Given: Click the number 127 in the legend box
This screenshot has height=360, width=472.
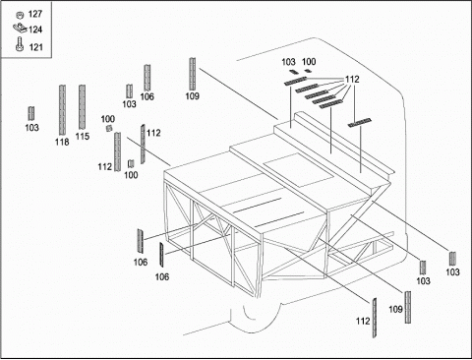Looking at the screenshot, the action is pyautogui.click(x=35, y=14).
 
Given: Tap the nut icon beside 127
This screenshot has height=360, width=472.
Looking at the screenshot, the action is pyautogui.click(x=20, y=15).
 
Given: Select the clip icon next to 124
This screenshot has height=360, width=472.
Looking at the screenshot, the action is pyautogui.click(x=20, y=29).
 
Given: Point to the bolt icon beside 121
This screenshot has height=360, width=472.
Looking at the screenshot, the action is pyautogui.click(x=20, y=44).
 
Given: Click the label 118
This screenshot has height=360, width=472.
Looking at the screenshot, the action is pyautogui.click(x=62, y=142).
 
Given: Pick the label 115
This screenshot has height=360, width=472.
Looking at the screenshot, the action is pyautogui.click(x=83, y=136).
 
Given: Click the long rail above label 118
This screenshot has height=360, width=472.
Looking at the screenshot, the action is pyautogui.click(x=62, y=110).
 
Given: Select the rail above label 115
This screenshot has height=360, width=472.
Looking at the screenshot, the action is pyautogui.click(x=82, y=107).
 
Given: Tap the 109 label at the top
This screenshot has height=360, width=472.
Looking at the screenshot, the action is pyautogui.click(x=193, y=96).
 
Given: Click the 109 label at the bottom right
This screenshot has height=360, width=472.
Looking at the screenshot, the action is pyautogui.click(x=395, y=309).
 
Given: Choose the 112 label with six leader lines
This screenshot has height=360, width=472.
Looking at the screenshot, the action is pyautogui.click(x=352, y=80).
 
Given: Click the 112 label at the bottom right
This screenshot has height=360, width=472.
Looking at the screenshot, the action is pyautogui.click(x=363, y=321).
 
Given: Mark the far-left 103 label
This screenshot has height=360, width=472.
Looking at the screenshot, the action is pyautogui.click(x=31, y=128).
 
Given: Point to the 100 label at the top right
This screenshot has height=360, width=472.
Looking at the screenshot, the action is pyautogui.click(x=309, y=62).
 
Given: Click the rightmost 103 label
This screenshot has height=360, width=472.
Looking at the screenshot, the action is pyautogui.click(x=452, y=271).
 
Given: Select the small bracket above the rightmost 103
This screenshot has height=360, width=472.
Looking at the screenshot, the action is pyautogui.click(x=452, y=259).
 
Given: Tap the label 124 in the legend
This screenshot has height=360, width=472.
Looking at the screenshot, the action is pyautogui.click(x=35, y=30).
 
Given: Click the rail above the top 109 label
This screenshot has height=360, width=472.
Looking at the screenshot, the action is pyautogui.click(x=193, y=74).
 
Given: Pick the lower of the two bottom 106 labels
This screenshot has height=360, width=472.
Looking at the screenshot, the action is pyautogui.click(x=162, y=277).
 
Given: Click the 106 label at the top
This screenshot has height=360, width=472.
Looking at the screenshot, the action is pyautogui.click(x=147, y=96).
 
